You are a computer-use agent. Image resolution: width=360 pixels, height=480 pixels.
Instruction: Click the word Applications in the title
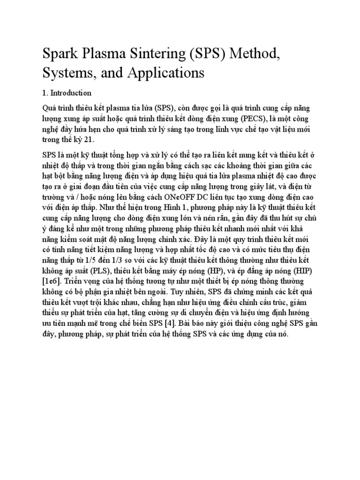[x=167, y=73]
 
